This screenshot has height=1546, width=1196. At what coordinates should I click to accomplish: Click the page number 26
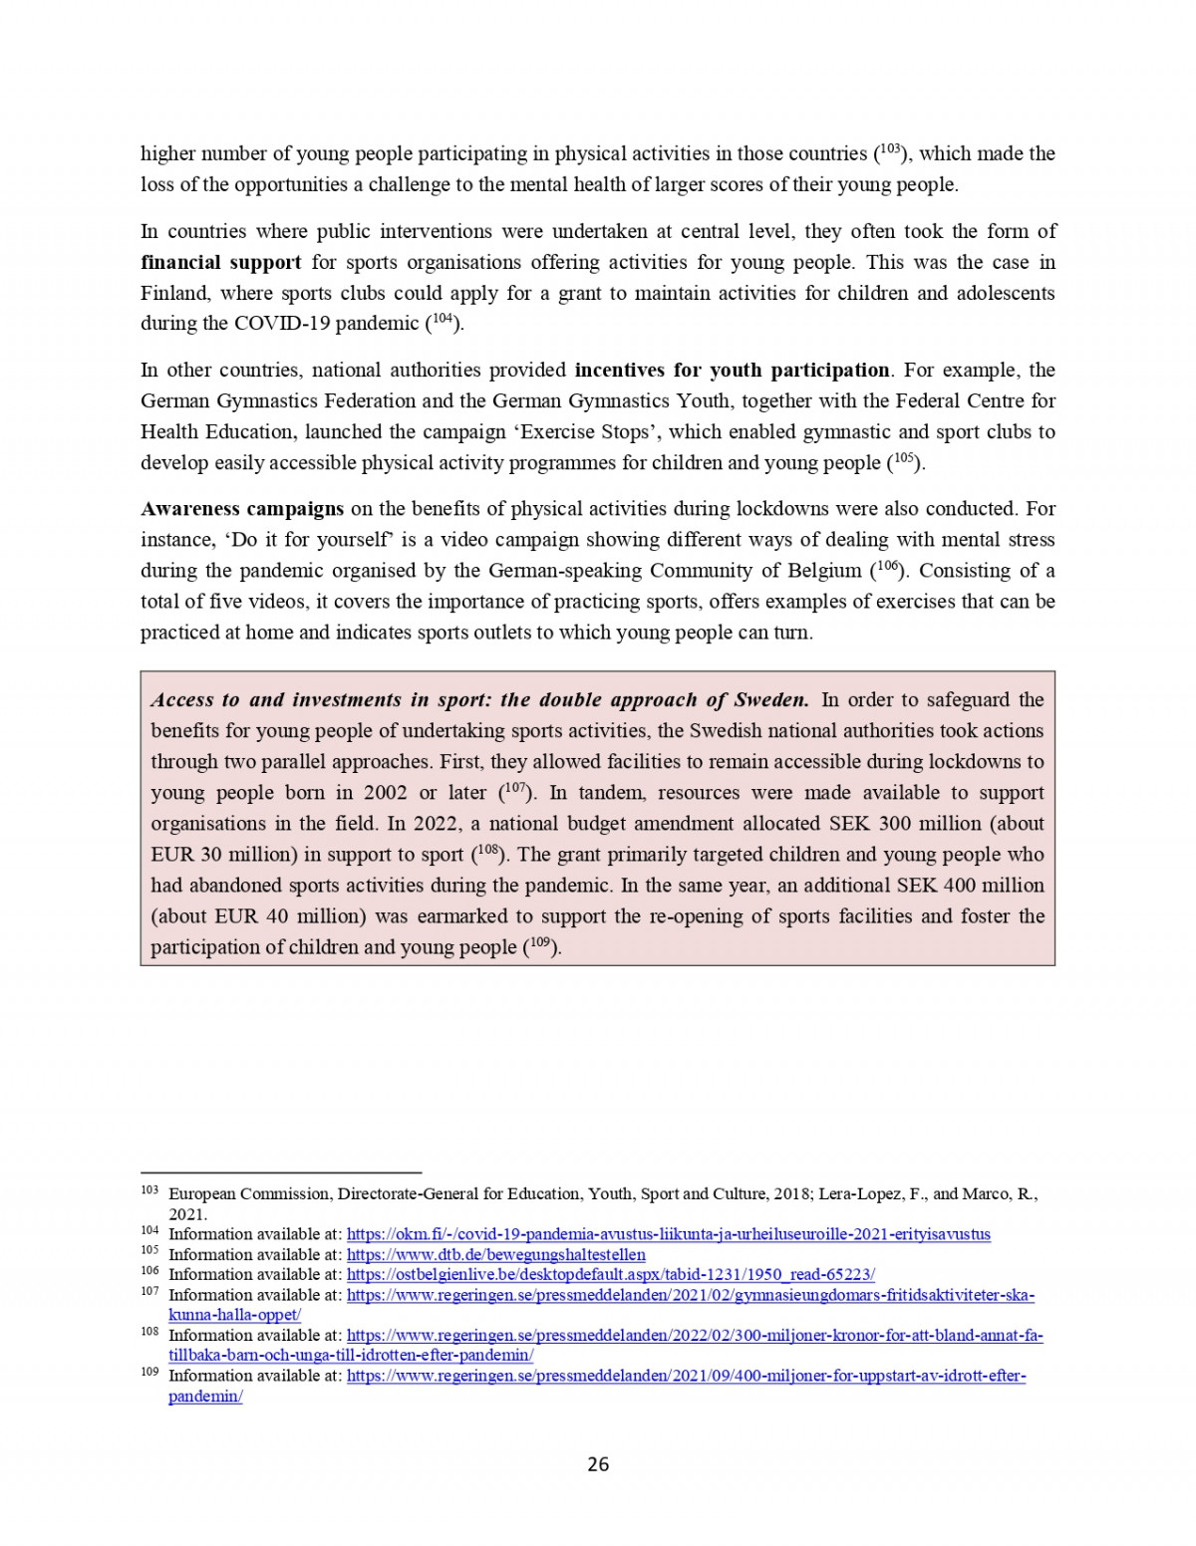pos(598,1463)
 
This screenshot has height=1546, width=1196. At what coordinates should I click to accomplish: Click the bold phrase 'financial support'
pos(220,262)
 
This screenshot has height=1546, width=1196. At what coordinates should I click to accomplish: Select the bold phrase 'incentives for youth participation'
pos(732,370)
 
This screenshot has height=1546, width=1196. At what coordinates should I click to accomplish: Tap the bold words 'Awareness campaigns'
pos(242,508)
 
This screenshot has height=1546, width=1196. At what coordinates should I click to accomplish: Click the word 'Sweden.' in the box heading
pos(771,699)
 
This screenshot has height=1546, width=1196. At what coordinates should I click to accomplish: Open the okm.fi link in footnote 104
pos(668,1234)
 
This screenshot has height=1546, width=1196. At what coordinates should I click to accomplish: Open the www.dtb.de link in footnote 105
pos(495,1254)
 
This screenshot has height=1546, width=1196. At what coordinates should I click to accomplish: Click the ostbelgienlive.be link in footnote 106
pos(610,1274)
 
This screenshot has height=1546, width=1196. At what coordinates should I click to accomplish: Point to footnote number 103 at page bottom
pos(149,1190)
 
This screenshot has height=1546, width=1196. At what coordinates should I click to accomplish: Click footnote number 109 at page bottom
pos(149,1373)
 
